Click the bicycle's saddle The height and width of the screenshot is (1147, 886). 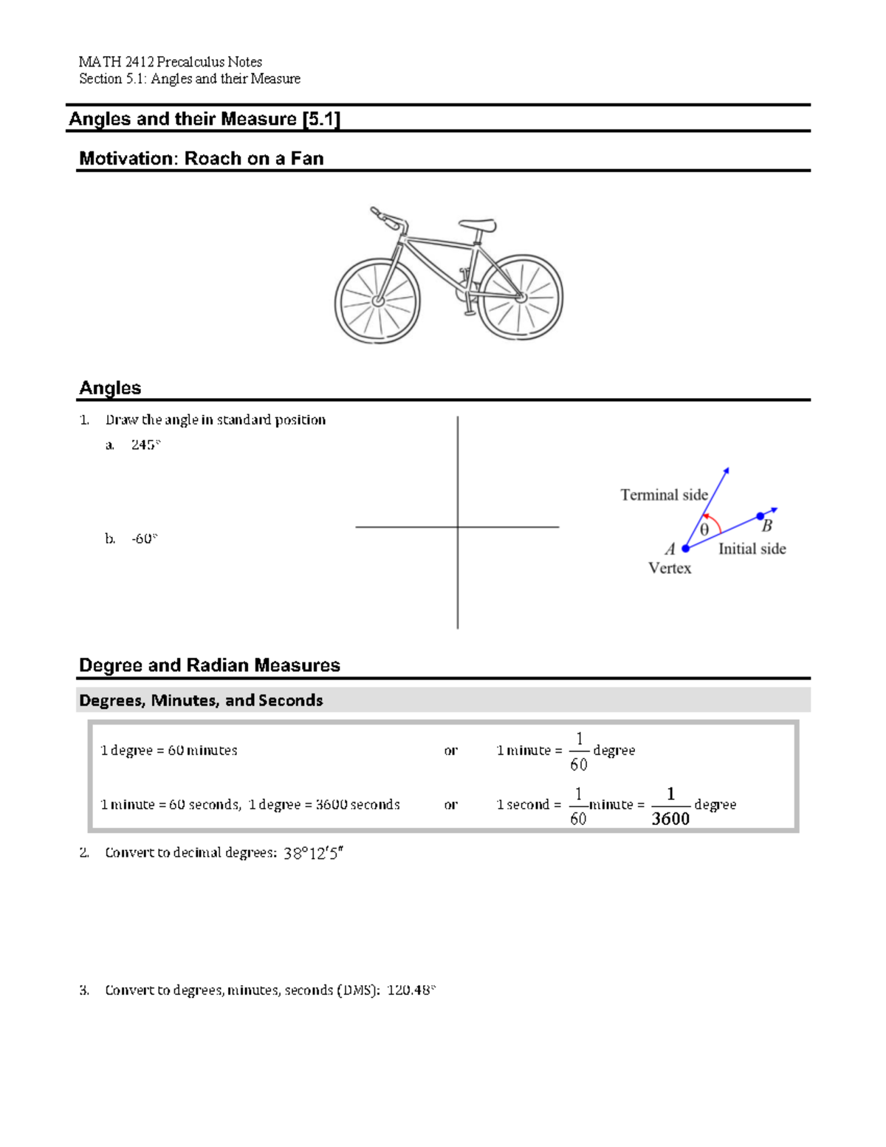click(478, 223)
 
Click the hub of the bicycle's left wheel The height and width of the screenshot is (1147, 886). click(378, 301)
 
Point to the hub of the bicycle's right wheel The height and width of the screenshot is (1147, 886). click(521, 297)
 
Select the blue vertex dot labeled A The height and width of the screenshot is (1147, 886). click(686, 548)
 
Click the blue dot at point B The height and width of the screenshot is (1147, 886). click(760, 516)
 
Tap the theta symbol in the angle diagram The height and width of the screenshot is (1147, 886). click(704, 530)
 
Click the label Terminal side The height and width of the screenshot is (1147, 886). click(664, 495)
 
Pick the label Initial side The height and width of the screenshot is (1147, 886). click(752, 549)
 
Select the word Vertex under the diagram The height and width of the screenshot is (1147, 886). click(670, 568)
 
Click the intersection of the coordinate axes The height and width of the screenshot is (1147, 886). click(458, 527)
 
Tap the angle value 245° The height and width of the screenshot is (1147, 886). click(145, 445)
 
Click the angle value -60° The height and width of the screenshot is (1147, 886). click(145, 538)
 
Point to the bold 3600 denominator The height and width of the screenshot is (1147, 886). click(670, 818)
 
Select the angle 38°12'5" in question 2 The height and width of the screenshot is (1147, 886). click(314, 853)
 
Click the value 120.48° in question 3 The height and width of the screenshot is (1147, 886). click(411, 990)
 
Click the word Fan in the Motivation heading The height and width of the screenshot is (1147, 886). click(307, 159)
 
